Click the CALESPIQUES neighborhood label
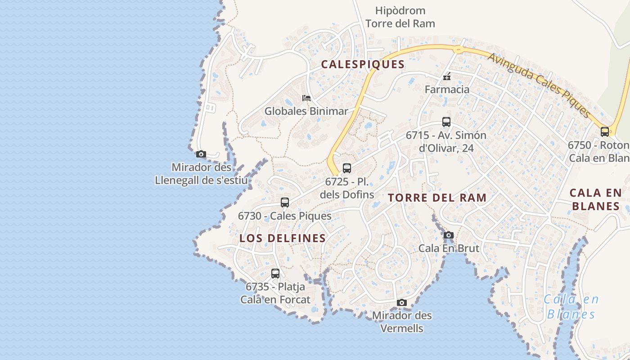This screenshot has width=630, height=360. click(x=363, y=64)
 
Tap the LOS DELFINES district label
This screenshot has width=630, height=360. click(x=283, y=238)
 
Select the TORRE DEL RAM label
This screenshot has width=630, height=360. click(x=437, y=198)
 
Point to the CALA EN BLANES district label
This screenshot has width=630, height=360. click(x=595, y=199)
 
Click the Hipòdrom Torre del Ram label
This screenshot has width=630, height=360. click(x=400, y=17)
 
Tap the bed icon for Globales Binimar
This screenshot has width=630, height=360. click(x=306, y=98)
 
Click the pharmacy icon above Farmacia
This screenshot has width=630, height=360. click(x=447, y=77)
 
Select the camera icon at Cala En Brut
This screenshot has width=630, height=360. click(x=449, y=235)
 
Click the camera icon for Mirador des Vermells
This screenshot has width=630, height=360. click(x=402, y=302)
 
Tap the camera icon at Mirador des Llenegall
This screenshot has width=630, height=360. click(x=201, y=154)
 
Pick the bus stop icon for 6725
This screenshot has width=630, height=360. click(x=346, y=168)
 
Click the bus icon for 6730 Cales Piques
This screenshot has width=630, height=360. click(x=285, y=202)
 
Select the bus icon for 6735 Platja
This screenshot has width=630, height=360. click(x=275, y=273)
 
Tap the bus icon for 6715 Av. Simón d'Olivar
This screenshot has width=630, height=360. click(x=446, y=122)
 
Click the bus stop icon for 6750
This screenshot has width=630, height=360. click(x=605, y=132)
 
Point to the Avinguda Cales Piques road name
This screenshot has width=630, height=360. click(x=538, y=85)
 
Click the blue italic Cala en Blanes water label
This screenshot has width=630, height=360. click(x=571, y=306)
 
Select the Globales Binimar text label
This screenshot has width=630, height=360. click(x=306, y=111)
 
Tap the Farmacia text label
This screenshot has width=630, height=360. click(x=447, y=90)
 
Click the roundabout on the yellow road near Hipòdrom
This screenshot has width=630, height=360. click(x=458, y=49)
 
